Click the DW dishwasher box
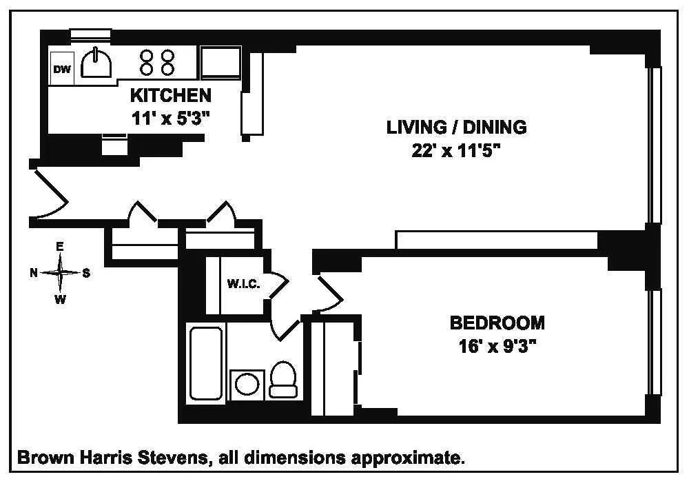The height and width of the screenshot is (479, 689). tap(62, 68)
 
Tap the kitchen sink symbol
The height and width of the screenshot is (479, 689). tap(96, 65)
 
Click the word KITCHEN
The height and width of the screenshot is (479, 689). tap(170, 95)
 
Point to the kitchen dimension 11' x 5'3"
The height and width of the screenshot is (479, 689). tap(170, 117)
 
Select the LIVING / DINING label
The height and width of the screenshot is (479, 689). tap(456, 127)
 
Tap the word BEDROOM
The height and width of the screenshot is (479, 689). tap(496, 323)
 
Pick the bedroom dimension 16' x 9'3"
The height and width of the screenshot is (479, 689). tap(496, 345)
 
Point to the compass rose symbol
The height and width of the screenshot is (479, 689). tap(61, 273)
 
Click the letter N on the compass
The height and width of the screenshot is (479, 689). tap(33, 273)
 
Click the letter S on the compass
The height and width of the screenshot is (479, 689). tap(87, 273)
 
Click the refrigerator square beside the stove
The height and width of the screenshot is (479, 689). tap(220, 64)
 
